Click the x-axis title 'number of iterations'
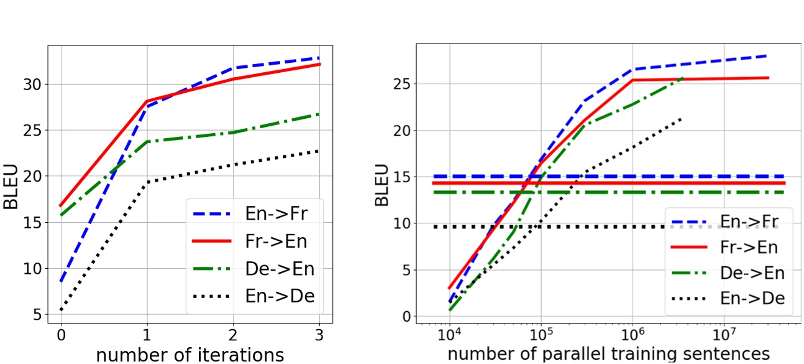pos(189,355)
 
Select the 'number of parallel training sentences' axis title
pos(608,353)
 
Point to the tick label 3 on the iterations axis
pos(319,334)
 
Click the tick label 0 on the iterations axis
pos(61,334)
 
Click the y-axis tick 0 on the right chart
pos(407,316)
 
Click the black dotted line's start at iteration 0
pos(61,310)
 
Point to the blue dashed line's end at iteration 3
pos(319,58)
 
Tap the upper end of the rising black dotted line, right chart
pos(682,118)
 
